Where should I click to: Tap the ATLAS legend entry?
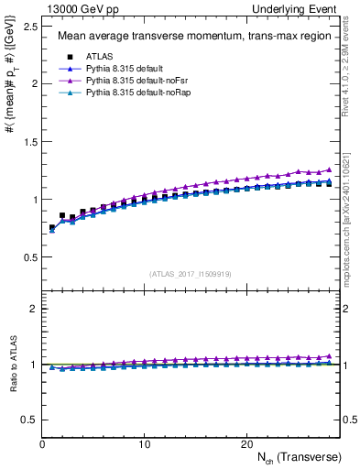pyautogui.click(x=100, y=56)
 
